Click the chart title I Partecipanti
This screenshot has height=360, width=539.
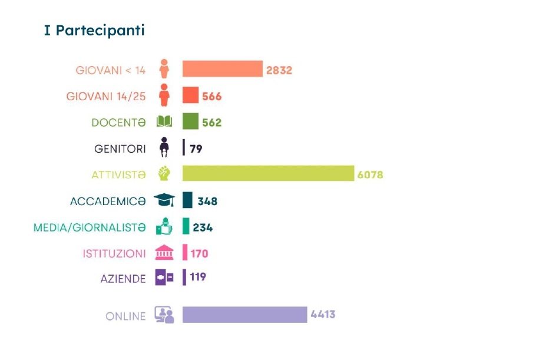[94, 31]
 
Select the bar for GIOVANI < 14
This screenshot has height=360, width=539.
[222, 69]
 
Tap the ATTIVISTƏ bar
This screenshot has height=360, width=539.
[268, 173]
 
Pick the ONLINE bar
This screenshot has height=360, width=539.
[244, 315]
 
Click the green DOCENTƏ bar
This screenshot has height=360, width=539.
[190, 121]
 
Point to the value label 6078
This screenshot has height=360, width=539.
[370, 174]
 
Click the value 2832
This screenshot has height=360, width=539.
[279, 70]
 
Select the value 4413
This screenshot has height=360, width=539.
[323, 315]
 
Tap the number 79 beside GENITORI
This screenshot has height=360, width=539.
[196, 148]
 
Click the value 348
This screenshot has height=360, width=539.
[207, 201]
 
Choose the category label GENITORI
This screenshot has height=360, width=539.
[120, 148]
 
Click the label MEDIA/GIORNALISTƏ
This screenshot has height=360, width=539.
[89, 227]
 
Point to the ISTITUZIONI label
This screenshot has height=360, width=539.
[114, 253]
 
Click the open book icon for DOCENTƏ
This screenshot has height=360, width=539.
[164, 122]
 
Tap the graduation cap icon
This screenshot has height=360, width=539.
[164, 200]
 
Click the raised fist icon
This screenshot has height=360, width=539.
[164, 174]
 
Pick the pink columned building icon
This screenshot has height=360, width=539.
[164, 253]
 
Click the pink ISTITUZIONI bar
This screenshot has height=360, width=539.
[184, 253]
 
